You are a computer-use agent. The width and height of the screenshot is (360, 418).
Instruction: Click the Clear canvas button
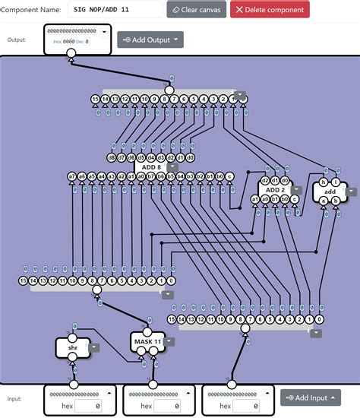click(196, 9)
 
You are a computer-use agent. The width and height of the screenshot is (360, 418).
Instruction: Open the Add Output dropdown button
click(150, 40)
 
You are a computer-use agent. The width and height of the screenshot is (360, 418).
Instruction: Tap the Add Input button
click(310, 397)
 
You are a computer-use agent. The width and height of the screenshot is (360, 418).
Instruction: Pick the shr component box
click(73, 347)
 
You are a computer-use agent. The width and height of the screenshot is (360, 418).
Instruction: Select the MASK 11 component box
click(147, 342)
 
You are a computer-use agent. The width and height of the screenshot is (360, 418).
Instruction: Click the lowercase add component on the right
click(329, 192)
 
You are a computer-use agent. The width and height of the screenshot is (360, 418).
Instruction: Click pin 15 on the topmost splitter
click(95, 100)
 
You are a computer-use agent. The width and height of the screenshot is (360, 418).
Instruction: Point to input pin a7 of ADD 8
click(72, 176)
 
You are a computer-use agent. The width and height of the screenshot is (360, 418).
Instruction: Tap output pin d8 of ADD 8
click(111, 158)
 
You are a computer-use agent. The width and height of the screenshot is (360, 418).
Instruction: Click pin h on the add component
click(323, 182)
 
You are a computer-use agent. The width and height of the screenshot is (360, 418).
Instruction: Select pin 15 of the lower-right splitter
click(172, 319)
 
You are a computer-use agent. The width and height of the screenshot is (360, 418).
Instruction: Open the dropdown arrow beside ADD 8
click(172, 167)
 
